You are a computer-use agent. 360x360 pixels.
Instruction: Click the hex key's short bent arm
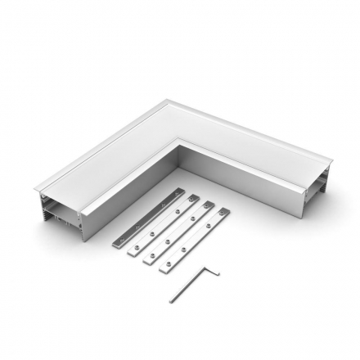tap(214, 270)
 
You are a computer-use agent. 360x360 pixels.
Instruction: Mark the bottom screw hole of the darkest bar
tap(120, 246)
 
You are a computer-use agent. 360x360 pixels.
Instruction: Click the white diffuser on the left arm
tap(115, 160)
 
